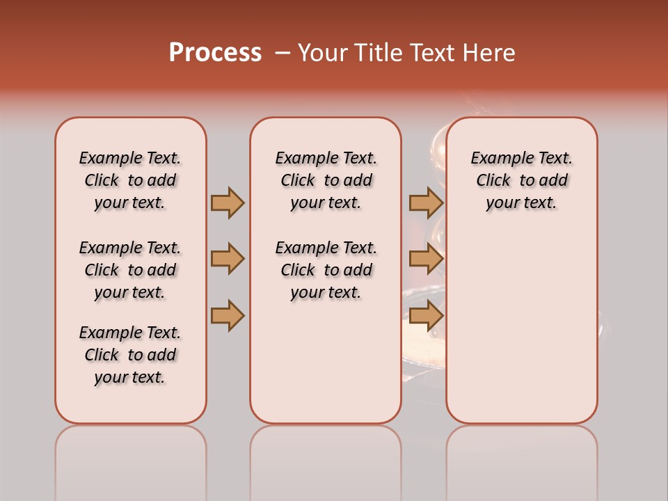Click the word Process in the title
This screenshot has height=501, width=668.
[215, 53]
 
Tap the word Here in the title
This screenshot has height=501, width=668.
[488, 53]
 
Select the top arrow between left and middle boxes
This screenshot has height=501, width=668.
[228, 202]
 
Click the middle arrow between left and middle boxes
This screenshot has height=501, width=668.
[228, 259]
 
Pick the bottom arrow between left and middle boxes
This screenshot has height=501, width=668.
[228, 315]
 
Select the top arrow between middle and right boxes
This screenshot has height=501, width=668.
[426, 202]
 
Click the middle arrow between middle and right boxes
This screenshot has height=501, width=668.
[426, 259]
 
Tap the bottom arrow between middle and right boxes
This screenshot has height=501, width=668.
[426, 315]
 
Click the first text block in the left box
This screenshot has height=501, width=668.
[130, 180]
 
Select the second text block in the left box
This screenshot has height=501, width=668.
[130, 270]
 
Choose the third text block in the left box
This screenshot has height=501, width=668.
[130, 355]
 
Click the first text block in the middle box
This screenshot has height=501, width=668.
[326, 180]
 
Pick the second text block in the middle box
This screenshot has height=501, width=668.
[326, 270]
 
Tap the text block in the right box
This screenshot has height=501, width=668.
[522, 180]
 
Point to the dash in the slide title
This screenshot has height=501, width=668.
[283, 53]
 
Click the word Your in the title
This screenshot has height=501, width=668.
[322, 53]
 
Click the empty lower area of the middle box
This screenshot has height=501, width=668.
[326, 362]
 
